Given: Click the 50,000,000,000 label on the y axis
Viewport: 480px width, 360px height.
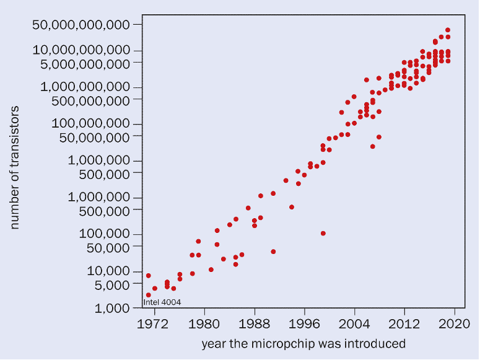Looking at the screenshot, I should click(81, 25).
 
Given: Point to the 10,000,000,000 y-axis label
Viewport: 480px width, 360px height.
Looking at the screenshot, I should click(81, 50).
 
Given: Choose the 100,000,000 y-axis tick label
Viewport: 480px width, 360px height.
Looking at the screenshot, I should click(91, 124).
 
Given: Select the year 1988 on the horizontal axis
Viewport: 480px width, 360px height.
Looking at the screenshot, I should click(255, 323).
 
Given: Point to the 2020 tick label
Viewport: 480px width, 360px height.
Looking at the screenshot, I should click(455, 323).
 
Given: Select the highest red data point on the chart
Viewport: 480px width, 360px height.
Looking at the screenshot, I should click(448, 30).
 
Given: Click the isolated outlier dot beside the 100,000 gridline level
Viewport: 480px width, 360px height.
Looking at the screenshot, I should click(323, 234).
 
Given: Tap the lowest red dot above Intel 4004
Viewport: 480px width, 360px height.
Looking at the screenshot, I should click(149, 295).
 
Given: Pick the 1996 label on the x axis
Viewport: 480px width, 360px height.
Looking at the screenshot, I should click(305, 323).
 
